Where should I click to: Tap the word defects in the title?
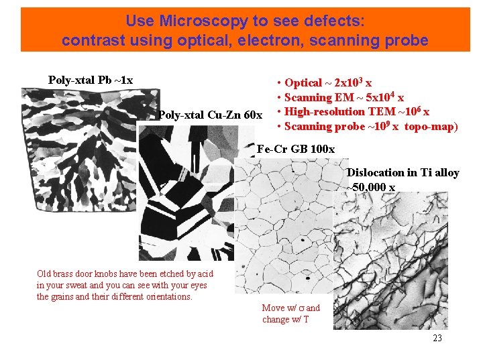pyautogui.click(x=335, y=21)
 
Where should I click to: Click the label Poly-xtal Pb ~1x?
pyautogui.click(x=91, y=80)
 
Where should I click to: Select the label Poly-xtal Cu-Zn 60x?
pyautogui.click(x=210, y=115)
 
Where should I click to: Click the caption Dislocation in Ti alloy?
pyautogui.click(x=402, y=173)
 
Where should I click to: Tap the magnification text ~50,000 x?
pyautogui.click(x=371, y=187)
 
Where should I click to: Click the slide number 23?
pyautogui.click(x=437, y=339)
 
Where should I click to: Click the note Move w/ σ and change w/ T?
pyautogui.click(x=290, y=314)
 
